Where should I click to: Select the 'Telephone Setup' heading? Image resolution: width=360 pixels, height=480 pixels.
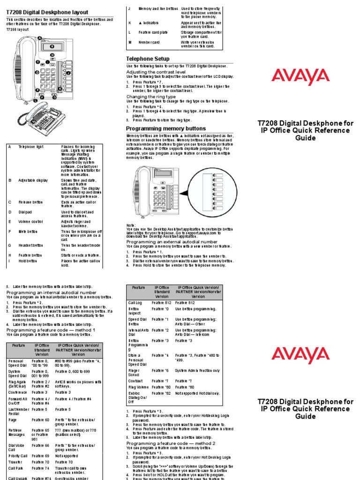tap(148, 59)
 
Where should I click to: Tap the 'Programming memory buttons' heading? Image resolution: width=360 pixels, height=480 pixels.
tap(166, 128)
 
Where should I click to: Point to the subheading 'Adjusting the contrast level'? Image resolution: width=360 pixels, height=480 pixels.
tap(156, 71)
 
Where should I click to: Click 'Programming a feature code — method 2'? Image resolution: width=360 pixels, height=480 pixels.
tap(171, 443)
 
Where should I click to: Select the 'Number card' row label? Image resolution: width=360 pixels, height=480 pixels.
tap(149, 42)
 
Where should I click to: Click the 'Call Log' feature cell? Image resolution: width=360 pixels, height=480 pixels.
tap(135, 303)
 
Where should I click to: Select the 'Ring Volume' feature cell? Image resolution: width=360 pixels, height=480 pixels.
tap(138, 387)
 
